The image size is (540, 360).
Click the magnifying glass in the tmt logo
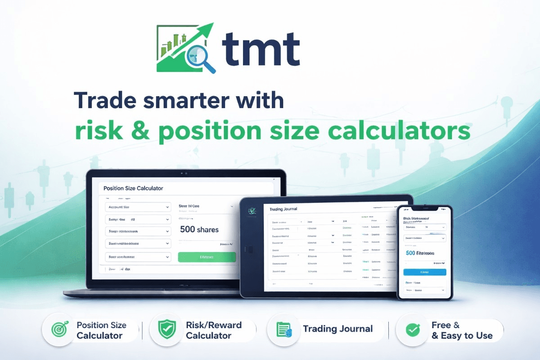tap(197, 55)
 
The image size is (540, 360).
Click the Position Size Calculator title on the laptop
tap(133, 188)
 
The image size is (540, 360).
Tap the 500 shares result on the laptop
tap(199, 229)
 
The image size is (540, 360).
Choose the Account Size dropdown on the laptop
tap(138, 207)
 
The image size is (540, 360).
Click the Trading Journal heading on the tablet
tap(283, 209)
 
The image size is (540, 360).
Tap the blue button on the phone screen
tap(424, 272)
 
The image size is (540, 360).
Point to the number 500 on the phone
tap(410, 253)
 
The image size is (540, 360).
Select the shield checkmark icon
tap(167, 330)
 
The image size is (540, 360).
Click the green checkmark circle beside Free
tap(413, 330)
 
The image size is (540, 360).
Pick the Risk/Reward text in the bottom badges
tap(214, 325)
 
